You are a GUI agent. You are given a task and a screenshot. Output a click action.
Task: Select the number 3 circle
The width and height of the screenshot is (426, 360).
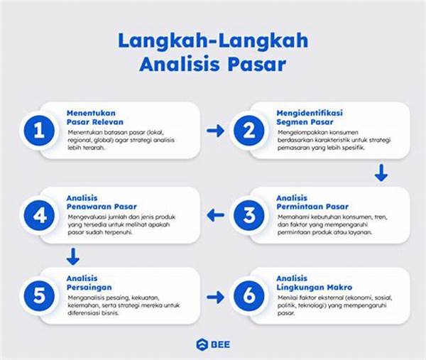click(246, 216)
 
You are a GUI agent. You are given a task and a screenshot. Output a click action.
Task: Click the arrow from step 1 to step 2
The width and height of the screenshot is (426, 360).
click(215, 131)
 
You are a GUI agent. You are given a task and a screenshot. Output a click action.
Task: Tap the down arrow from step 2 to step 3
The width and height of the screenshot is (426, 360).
click(381, 173)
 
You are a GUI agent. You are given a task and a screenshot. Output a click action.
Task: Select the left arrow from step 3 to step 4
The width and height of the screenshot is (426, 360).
click(215, 215)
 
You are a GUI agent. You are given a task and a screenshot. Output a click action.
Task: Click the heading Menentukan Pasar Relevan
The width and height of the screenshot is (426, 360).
click(92, 117)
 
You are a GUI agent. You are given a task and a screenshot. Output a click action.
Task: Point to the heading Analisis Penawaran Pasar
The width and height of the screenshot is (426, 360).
click(99, 202)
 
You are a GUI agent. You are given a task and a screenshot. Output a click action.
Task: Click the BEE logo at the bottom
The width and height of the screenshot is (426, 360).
click(213, 344)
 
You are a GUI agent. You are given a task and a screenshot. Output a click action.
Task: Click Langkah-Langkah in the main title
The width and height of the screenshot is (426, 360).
click(213, 41)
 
